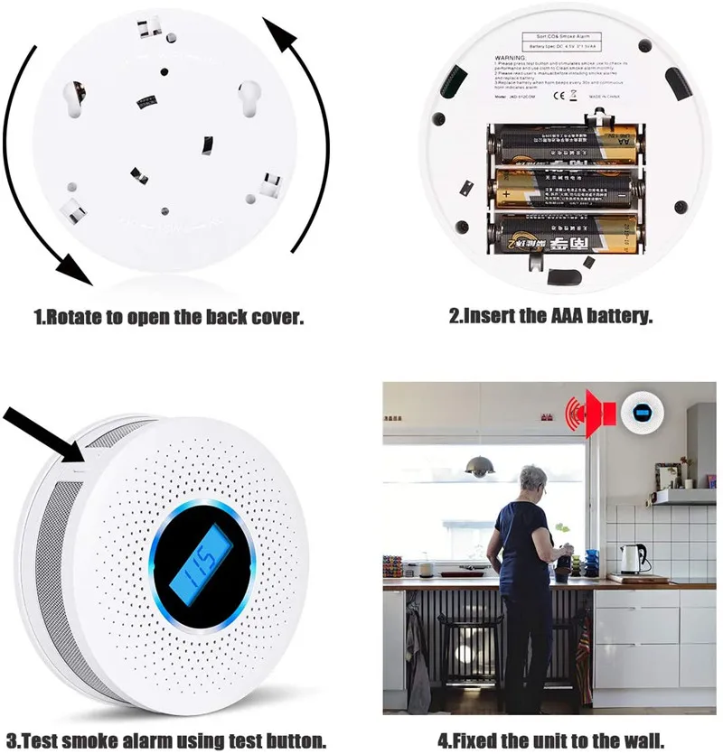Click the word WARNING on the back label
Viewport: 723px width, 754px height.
click(x=511, y=56)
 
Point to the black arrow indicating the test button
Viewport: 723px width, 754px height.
click(x=41, y=432)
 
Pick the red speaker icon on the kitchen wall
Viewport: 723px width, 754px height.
click(x=598, y=414)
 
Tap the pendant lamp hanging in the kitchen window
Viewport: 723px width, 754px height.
click(x=480, y=467)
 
